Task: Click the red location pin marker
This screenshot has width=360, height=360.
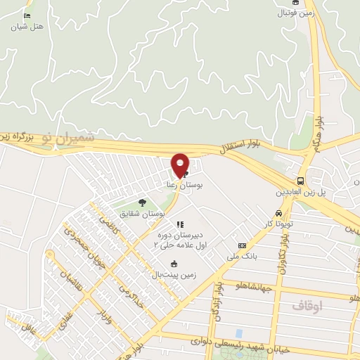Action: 180,165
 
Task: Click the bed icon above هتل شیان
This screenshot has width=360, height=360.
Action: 27,16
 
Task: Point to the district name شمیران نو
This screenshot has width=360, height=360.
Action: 67,137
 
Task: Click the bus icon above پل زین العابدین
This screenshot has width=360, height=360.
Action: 301,181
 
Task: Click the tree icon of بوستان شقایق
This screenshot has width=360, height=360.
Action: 143,202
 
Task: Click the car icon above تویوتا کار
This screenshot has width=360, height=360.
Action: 278,213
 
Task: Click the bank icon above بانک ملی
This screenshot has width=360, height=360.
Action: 242,245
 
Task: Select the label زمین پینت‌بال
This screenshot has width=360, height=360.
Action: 168,274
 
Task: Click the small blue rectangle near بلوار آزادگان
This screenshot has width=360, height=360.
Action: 239,332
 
